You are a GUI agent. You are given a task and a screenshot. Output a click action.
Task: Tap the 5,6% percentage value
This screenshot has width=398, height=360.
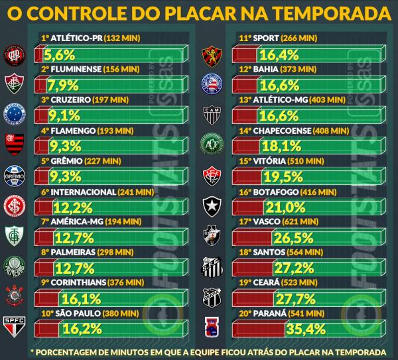pyautogui.click(x=61, y=55)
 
